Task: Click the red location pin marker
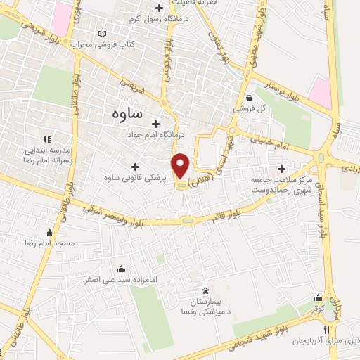click(x=181, y=166)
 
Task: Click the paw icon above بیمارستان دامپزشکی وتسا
click(x=205, y=290)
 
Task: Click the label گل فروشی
click(x=251, y=110)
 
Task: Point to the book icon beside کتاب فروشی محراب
click(x=104, y=34)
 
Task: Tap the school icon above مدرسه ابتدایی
click(x=48, y=140)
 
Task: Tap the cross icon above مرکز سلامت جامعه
click(x=282, y=169)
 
